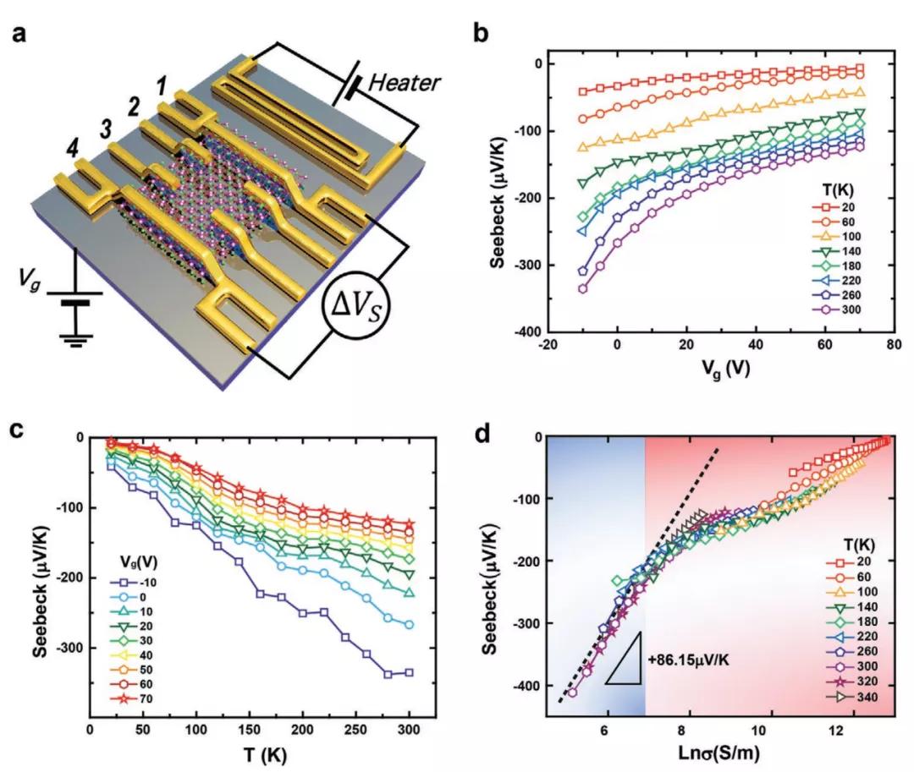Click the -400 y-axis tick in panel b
pos(526,333)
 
